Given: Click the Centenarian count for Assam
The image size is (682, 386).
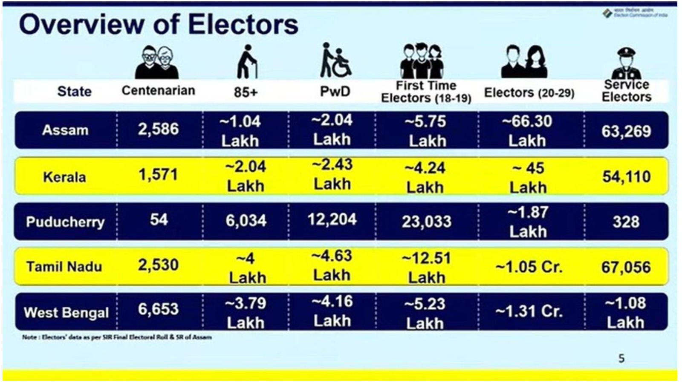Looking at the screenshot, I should click(158, 129).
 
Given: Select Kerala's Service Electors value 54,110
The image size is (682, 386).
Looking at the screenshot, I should click(626, 176).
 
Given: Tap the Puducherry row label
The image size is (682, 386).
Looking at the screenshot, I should click(65, 222).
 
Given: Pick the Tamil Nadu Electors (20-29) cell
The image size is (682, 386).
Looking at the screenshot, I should click(529, 267).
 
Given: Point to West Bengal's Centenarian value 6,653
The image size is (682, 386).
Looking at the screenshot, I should click(158, 309).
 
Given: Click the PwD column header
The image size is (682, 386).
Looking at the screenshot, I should click(335, 91).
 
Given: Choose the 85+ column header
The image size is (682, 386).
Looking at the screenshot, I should click(246, 92).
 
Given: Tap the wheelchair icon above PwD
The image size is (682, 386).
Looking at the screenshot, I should click(336, 60).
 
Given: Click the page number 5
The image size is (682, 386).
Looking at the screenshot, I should click(621, 358).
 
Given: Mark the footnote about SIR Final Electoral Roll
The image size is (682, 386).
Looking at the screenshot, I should click(117, 337).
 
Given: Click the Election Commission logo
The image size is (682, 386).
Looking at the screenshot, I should click(607, 13).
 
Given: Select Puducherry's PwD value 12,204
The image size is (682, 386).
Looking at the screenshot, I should click(332, 219).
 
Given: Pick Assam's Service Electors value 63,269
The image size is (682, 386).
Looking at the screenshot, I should click(626, 131).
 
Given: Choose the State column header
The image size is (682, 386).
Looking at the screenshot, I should click(74, 91).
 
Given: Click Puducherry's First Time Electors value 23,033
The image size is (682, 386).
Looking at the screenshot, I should click(426, 222).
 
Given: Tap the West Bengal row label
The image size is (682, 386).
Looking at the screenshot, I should click(66, 313).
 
